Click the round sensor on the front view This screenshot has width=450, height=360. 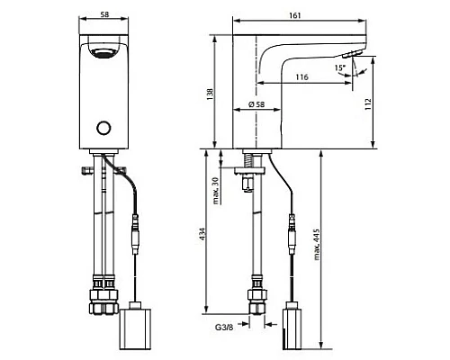click(x=107, y=127)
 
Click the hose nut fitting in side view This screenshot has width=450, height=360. click(x=255, y=300)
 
